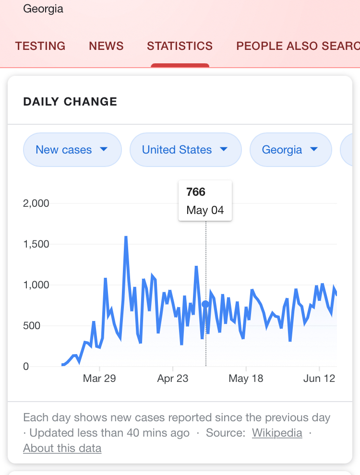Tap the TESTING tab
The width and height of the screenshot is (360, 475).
[40, 46]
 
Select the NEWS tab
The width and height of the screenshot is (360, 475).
[106, 46]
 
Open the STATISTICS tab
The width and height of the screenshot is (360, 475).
[180, 46]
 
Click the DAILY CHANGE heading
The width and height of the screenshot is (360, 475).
[70, 102]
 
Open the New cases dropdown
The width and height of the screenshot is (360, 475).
[72, 150]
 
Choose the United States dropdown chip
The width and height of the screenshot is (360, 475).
[185, 150]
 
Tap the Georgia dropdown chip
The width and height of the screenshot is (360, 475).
[290, 150]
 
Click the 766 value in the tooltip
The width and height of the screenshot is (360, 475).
[196, 192]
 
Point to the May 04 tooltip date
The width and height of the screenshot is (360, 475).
[205, 210]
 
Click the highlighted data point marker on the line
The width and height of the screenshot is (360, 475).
[205, 304]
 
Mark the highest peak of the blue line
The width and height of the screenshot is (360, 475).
[126, 237]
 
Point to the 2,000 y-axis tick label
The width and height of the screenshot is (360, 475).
[36, 203]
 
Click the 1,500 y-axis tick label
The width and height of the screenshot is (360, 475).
[36, 244]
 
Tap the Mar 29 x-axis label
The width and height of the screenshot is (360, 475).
[99, 379]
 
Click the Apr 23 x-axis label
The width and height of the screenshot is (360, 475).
[173, 379]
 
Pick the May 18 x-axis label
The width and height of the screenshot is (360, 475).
[246, 379]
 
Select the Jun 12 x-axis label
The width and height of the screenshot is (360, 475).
[319, 379]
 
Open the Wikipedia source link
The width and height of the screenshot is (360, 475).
[277, 433]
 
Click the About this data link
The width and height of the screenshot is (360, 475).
[62, 449]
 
